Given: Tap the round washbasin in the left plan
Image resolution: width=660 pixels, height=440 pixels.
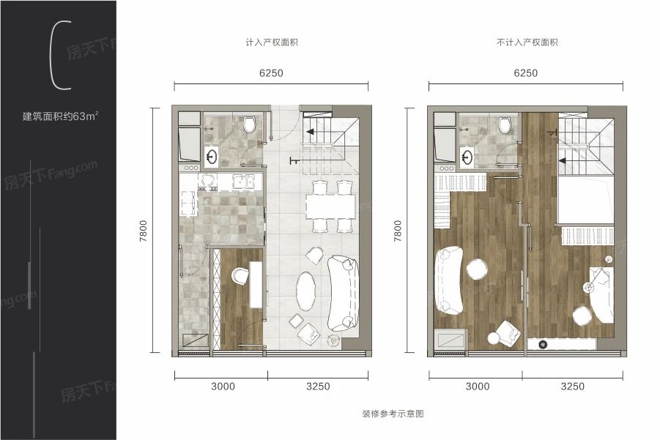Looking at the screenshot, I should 212,156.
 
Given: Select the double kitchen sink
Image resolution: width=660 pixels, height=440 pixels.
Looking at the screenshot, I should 243,181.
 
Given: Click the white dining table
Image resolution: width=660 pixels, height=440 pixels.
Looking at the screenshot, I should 330,206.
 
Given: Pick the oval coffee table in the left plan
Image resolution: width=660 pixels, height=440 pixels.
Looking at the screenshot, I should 306,293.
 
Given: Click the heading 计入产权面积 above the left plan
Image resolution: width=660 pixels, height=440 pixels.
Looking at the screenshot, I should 272,43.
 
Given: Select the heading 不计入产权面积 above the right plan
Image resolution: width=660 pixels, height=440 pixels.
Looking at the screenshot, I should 527,43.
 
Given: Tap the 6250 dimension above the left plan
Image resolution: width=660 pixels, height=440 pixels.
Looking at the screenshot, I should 271,73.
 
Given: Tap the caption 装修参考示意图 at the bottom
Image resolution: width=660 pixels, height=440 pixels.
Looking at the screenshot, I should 393,414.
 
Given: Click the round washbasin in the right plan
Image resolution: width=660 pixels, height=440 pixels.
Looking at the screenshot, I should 467,156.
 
